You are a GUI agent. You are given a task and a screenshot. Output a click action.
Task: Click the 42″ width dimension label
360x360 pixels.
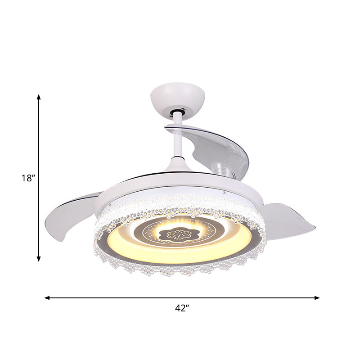tap(182, 308)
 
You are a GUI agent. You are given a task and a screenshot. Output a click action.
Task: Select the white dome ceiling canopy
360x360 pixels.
tap(177, 96)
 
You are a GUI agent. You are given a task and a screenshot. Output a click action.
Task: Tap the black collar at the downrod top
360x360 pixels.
tap(179, 111)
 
